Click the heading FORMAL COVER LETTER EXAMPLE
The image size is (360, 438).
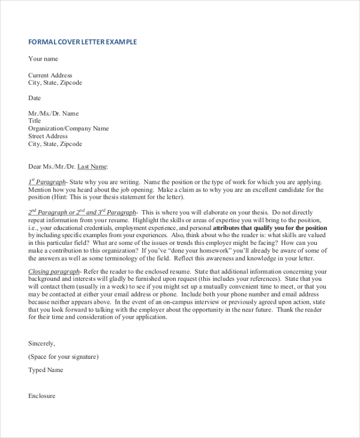tap(83, 42)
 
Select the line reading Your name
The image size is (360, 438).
tap(43, 59)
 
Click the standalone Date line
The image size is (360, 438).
tap(35, 98)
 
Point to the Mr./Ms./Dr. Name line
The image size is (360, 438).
tap(53, 113)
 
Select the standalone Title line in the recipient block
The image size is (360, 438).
tap(35, 121)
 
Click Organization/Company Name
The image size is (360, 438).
tap(68, 128)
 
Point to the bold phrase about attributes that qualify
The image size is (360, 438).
tap(270, 228)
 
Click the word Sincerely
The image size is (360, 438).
tap(41, 343)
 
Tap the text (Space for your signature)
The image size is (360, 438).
tap(64, 356)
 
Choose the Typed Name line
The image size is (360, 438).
tap(46, 370)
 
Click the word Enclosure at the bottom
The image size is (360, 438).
tap(42, 396)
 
